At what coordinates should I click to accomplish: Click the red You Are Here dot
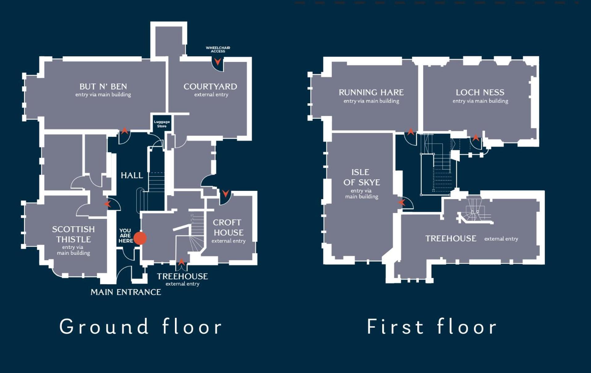click(x=140, y=238)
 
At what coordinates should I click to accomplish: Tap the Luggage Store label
click(x=162, y=124)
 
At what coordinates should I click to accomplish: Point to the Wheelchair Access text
click(x=218, y=49)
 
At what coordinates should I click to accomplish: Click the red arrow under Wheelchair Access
click(x=218, y=62)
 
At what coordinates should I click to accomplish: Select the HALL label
click(x=132, y=175)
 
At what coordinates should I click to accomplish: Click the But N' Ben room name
click(x=103, y=87)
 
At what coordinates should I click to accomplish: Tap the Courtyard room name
click(x=210, y=87)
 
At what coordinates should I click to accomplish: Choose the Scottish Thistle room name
click(x=73, y=234)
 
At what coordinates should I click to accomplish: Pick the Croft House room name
click(x=229, y=227)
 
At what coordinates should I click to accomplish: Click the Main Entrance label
click(x=126, y=292)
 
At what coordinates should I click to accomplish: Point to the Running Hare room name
click(x=371, y=92)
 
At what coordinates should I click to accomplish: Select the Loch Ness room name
click(x=480, y=92)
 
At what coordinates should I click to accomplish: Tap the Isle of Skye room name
click(x=362, y=177)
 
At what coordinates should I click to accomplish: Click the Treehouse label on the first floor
click(x=451, y=239)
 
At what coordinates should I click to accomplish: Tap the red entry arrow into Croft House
click(x=225, y=194)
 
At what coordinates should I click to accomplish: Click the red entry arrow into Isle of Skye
click(x=402, y=203)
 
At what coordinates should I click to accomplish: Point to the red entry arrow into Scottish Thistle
click(x=107, y=204)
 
